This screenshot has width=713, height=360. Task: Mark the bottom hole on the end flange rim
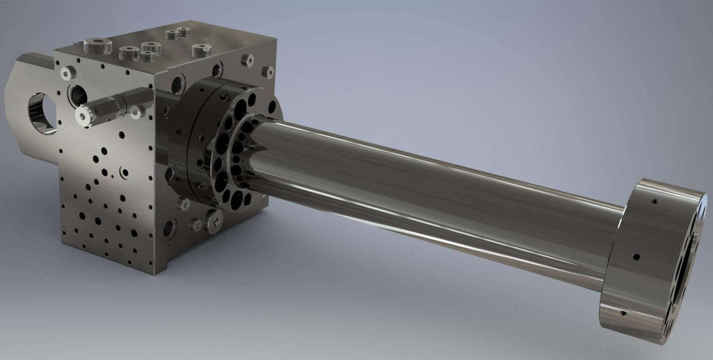tap(623, 313)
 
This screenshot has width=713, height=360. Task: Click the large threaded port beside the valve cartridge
tap(76, 93)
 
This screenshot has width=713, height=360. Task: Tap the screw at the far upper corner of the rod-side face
tap(269, 71)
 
